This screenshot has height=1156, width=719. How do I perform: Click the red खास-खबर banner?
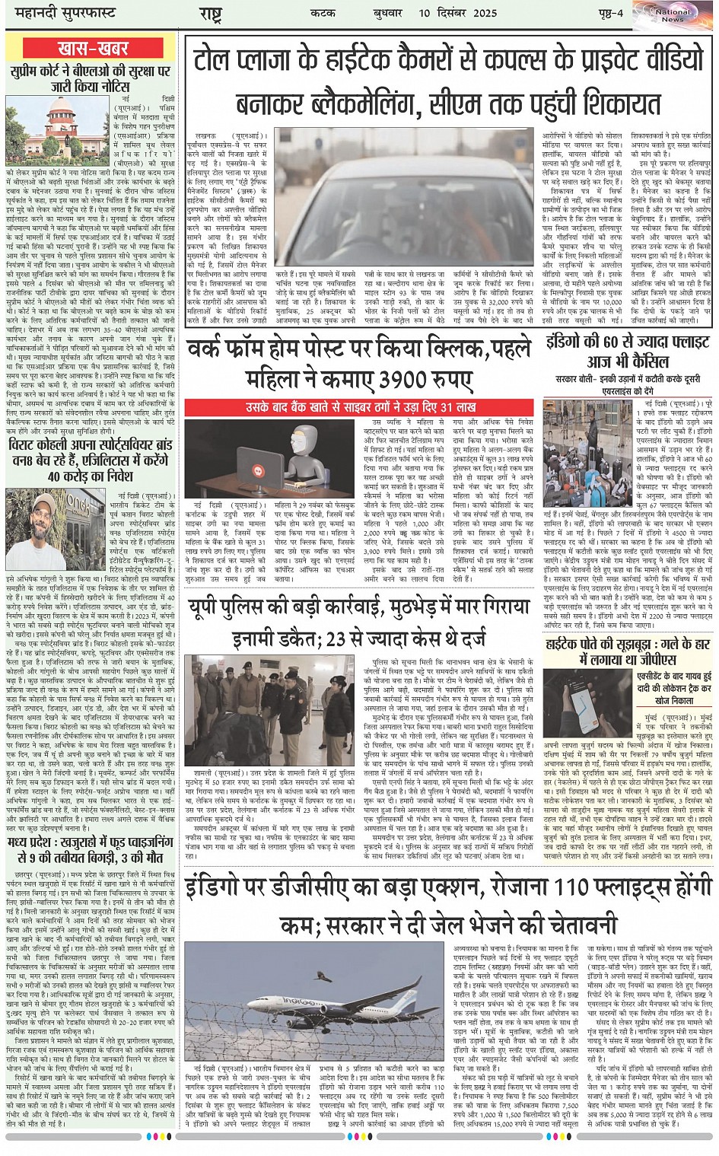tap(92, 49)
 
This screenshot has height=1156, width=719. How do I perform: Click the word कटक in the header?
tap(323, 13)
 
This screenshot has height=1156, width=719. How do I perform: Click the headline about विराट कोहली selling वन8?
tap(91, 460)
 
